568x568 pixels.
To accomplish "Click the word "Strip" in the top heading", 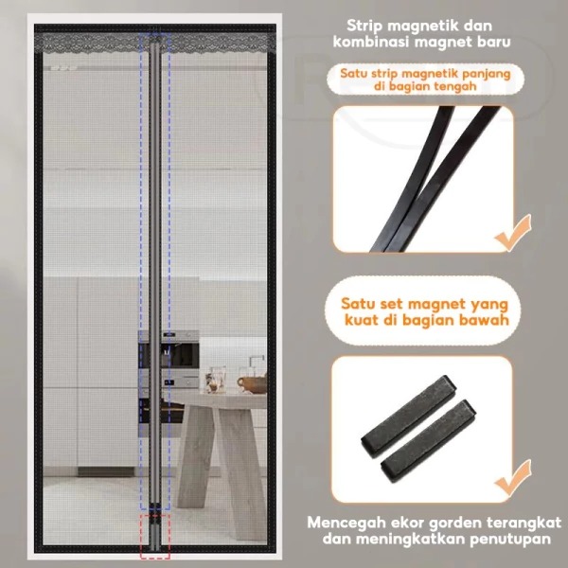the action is pos(364,27).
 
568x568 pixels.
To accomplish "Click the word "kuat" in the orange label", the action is pos(362,320).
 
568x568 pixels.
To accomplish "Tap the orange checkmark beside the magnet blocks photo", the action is pos(513,478).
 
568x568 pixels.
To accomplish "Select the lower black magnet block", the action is pos(429,440).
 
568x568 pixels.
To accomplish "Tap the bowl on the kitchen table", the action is pos(252,384).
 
